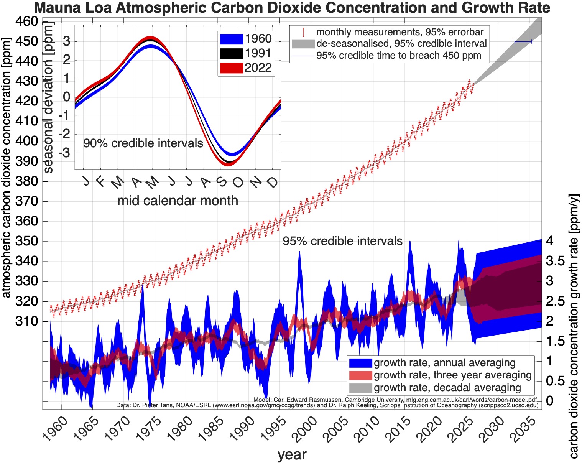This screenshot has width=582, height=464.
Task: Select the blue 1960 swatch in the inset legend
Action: coord(231,39)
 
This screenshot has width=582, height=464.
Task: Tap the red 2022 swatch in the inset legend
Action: coord(231,68)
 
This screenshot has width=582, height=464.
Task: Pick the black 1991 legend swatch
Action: coord(231,53)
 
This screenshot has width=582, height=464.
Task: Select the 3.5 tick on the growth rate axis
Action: coord(555,261)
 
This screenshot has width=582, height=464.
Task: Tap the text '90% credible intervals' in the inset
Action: coord(143,143)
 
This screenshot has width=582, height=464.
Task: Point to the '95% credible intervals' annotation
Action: coord(342,241)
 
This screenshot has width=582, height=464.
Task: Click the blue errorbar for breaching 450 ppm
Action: coord(523,41)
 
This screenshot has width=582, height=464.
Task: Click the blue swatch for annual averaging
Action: coord(360,363)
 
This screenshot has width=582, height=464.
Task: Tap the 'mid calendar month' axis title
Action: coord(178,201)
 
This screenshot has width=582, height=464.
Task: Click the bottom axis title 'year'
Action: coord(292,455)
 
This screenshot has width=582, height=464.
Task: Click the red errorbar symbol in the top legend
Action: coord(303,32)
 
